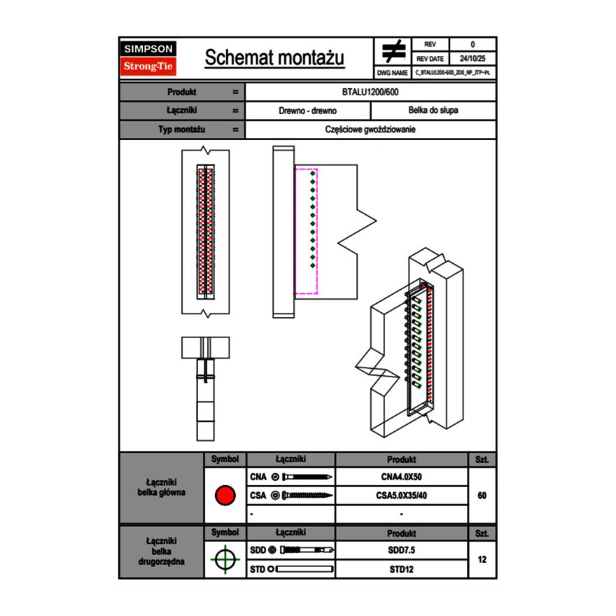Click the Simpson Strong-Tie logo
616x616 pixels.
click(148, 58)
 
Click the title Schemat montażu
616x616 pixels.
click(274, 58)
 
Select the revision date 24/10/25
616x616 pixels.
click(472, 59)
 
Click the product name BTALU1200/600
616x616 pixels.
click(371, 92)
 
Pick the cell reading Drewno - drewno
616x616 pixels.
click(308, 111)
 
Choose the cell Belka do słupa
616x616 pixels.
click(433, 111)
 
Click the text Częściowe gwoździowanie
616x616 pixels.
click(371, 129)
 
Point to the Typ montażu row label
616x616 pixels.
click(181, 129)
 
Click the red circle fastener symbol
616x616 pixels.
click(225, 496)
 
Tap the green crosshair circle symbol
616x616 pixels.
click(225, 559)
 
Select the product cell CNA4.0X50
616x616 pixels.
click(401, 477)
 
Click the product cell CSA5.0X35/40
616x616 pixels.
click(401, 496)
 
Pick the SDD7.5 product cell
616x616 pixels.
click(401, 550)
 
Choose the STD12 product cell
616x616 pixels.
click(401, 569)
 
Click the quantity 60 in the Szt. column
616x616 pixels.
click(482, 496)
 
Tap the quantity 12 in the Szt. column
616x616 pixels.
click(482, 559)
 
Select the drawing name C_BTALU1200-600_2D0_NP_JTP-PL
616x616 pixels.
click(452, 72)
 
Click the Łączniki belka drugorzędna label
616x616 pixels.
click(162, 551)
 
